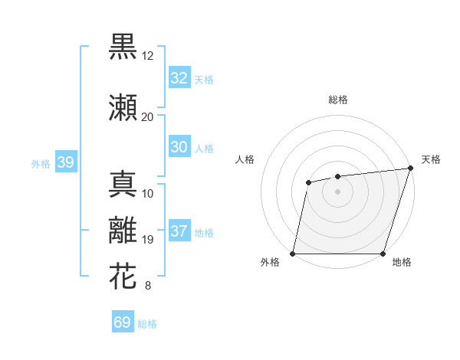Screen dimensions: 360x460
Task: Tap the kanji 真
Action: (x=123, y=185)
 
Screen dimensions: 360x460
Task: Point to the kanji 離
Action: (x=123, y=231)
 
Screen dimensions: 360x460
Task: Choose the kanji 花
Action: (x=123, y=277)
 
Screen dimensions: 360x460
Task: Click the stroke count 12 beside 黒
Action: (x=148, y=56)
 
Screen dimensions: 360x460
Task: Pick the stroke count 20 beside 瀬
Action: (x=148, y=117)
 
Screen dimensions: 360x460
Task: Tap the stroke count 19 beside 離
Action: (x=148, y=240)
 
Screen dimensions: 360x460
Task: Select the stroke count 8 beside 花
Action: (x=147, y=286)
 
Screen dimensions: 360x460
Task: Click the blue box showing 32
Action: (x=179, y=78)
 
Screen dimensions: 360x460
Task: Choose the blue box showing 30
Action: (x=179, y=147)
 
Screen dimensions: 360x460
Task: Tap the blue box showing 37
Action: (x=179, y=231)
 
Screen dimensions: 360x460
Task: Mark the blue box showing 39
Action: (x=65, y=162)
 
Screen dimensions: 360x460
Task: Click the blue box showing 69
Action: (x=122, y=322)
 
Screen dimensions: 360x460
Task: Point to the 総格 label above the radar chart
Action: (x=337, y=100)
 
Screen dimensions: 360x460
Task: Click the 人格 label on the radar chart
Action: (x=245, y=159)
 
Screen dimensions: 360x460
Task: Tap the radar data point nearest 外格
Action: (x=293, y=254)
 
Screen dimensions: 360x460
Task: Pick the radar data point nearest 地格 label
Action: (x=383, y=254)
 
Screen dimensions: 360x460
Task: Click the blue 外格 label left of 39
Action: (x=41, y=163)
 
